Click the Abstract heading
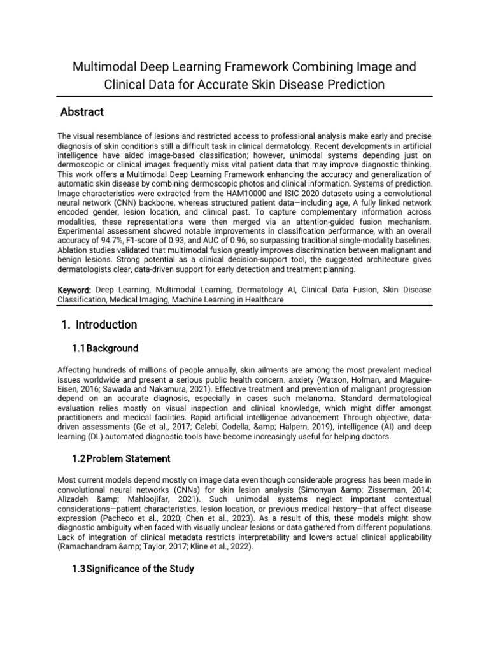click(x=81, y=113)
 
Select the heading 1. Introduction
click(x=99, y=325)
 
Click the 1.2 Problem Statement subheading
click(x=121, y=458)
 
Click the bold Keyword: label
click(x=74, y=290)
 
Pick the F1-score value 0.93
click(x=179, y=241)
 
